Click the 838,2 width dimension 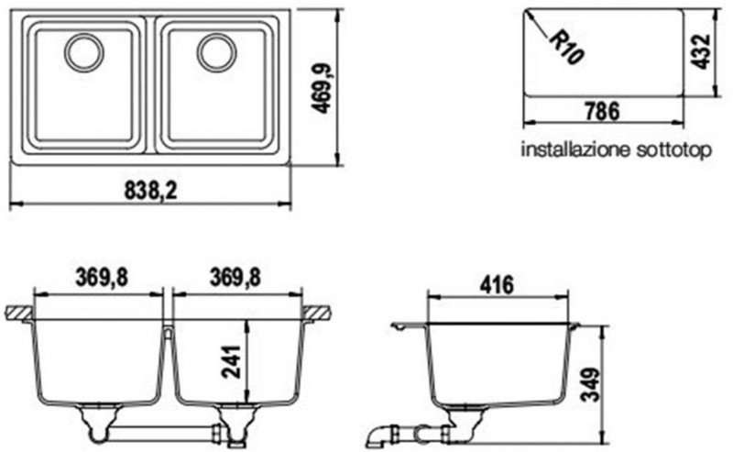click(x=151, y=191)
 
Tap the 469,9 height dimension click(x=322, y=88)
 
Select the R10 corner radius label click(x=566, y=48)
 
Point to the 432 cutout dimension click(x=701, y=51)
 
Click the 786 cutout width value click(x=602, y=111)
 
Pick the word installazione click(x=576, y=149)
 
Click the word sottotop click(x=673, y=150)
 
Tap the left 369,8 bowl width click(x=102, y=278)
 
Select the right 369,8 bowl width click(x=235, y=278)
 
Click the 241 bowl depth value click(x=231, y=362)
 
